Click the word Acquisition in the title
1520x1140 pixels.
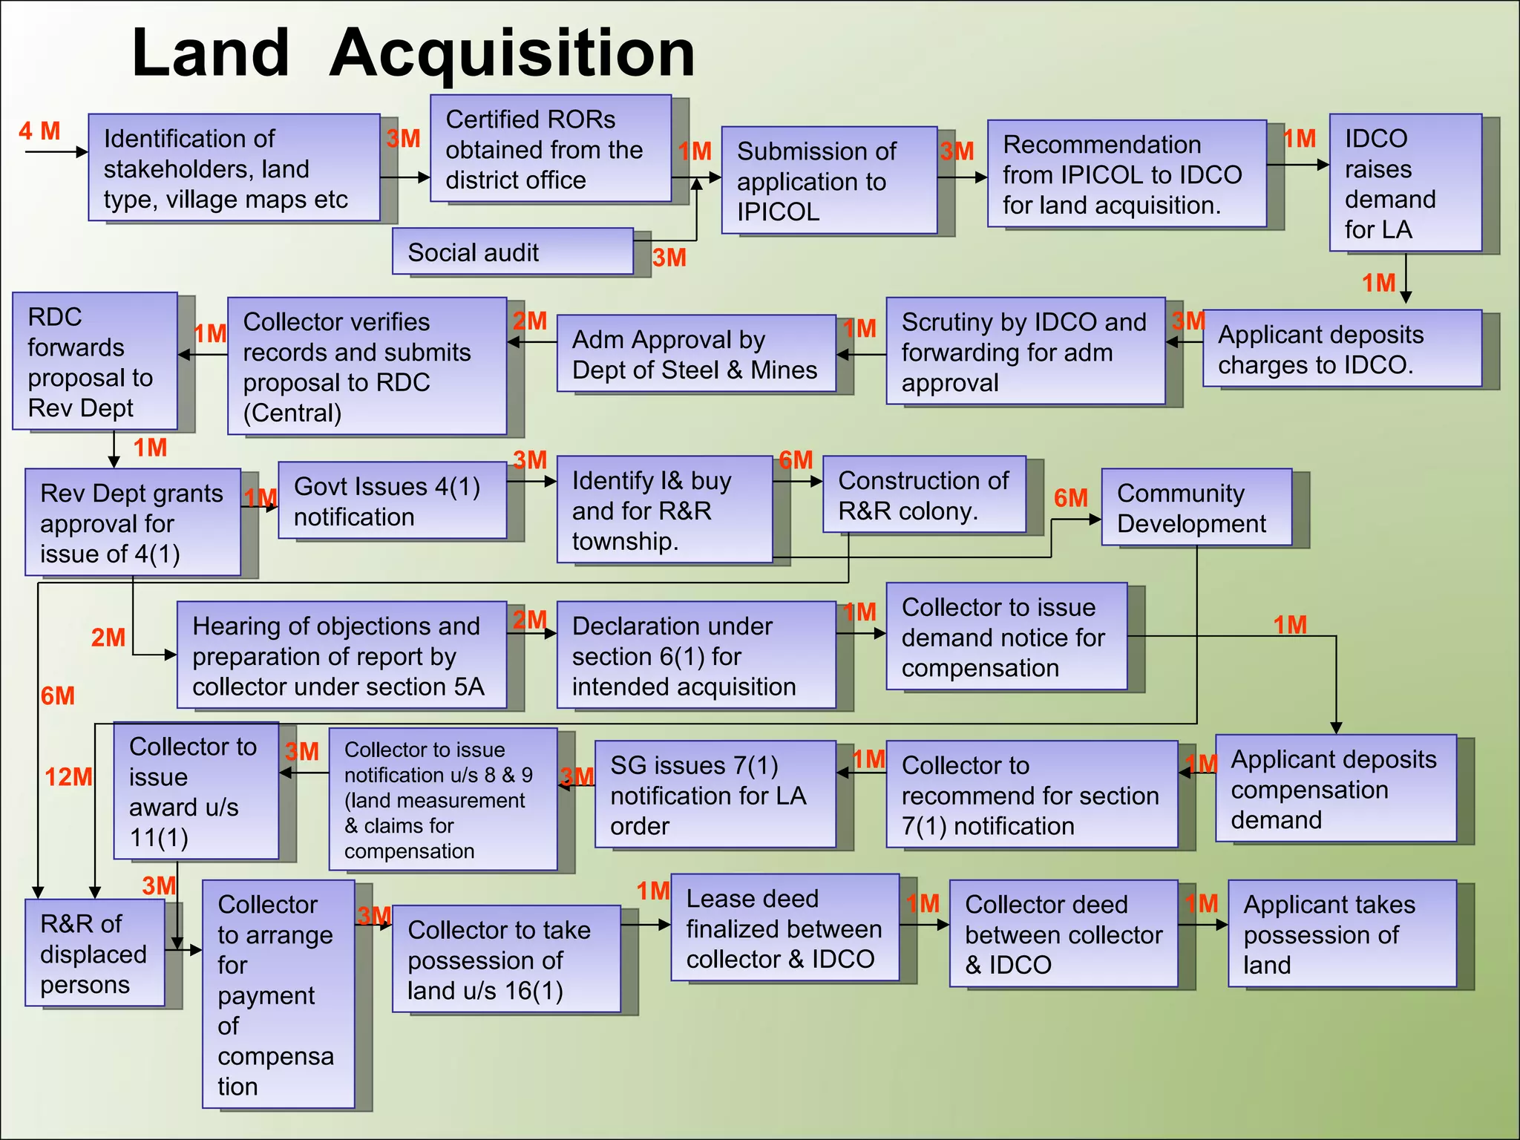[512, 53]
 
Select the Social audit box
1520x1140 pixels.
[512, 252]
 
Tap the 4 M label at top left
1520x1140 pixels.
[39, 131]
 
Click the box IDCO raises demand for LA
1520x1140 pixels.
[1404, 183]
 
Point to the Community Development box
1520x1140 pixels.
[1196, 508]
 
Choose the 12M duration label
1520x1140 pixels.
[68, 777]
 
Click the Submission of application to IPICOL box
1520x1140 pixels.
[828, 181]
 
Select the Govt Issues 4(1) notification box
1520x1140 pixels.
[392, 501]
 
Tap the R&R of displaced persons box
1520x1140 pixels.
[94, 954]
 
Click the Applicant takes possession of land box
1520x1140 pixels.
[1341, 934]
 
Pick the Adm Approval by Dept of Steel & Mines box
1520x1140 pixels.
[695, 354]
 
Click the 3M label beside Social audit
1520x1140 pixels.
[669, 258]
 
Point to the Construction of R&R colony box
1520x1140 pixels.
[923, 495]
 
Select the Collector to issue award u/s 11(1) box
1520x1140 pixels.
[195, 791]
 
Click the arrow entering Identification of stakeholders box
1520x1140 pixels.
[56, 152]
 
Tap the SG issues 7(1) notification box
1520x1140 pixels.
[714, 795]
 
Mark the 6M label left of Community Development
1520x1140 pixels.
[1070, 498]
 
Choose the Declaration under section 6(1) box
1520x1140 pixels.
[695, 656]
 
